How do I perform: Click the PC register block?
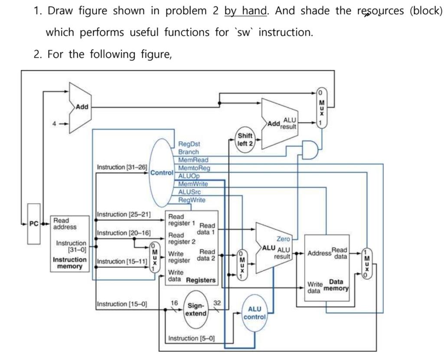coord(34,224)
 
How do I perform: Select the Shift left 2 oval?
coord(245,139)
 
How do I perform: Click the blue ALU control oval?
coord(255,313)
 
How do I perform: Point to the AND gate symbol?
coord(309,150)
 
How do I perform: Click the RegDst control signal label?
coord(189,144)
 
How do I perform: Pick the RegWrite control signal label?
coord(192,200)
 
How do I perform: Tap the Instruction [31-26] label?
coord(122,167)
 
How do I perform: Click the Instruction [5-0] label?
coord(191,338)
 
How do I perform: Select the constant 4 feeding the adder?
coord(54,123)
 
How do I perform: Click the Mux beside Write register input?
coord(153,257)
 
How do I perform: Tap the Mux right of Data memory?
coord(367,264)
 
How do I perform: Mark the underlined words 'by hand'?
coord(245,11)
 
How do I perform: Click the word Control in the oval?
coord(161,172)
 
